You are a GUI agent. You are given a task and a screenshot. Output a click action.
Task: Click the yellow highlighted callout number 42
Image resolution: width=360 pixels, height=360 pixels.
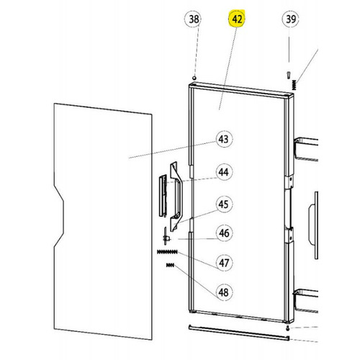tap(238, 19)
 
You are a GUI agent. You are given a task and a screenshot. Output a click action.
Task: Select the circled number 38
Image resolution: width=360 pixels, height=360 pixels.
tap(194, 19)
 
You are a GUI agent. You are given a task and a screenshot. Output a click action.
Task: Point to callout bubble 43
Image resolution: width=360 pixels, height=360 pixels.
tap(223, 139)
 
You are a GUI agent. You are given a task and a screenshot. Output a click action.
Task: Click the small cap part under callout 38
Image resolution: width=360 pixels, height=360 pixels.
tap(194, 78)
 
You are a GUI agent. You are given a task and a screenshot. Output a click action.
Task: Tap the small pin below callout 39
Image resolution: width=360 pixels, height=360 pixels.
tap(289, 74)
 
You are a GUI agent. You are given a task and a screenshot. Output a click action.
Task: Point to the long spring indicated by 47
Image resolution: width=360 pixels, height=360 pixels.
tap(166, 251)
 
